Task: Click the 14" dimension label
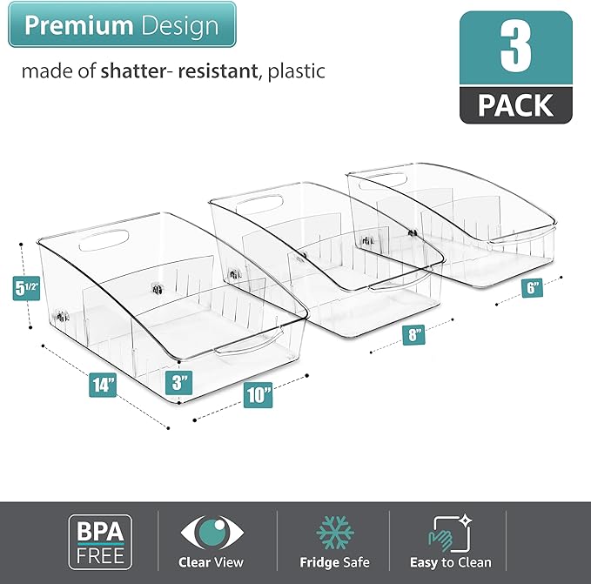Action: click(104, 384)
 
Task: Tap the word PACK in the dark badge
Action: click(515, 105)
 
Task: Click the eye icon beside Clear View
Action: click(211, 533)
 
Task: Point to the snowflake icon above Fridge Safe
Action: click(334, 532)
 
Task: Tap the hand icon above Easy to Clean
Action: click(449, 532)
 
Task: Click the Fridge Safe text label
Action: click(334, 562)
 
